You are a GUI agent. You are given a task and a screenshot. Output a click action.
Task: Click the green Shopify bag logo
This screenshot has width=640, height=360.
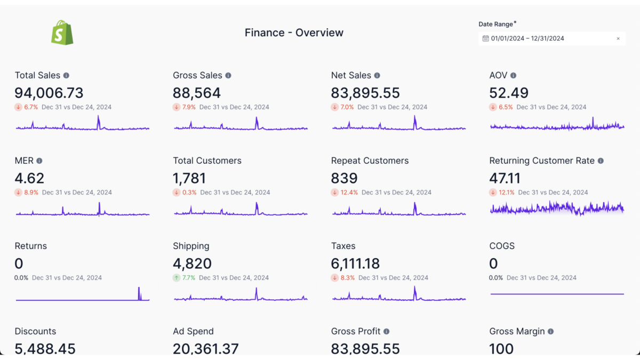[62, 33]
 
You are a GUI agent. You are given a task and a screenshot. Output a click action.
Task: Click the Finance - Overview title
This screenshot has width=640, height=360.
[294, 33]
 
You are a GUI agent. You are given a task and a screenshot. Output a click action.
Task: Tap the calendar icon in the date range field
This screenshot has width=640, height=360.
[485, 38]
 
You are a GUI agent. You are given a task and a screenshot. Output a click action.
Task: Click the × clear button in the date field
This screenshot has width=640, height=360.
[618, 38]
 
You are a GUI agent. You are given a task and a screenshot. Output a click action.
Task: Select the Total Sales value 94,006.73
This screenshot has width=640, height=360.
[49, 93]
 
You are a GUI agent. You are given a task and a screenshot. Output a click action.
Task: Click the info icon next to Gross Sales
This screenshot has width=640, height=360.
[228, 76]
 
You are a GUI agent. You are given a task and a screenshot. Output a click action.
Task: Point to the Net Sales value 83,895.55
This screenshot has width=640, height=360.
[365, 93]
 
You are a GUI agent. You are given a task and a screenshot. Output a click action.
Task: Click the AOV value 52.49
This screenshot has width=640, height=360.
[509, 93]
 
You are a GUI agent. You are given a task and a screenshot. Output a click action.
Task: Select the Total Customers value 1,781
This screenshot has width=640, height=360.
[189, 178]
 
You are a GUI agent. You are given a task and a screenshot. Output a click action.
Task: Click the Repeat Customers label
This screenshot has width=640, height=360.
[370, 161]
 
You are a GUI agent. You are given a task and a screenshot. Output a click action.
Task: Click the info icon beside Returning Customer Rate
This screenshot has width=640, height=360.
[601, 161]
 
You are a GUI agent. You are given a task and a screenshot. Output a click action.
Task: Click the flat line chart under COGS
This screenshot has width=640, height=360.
[557, 294]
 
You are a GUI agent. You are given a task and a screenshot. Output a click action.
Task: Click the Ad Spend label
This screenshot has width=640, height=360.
[193, 331]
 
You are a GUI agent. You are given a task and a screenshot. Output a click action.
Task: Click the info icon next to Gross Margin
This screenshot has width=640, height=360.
[550, 331]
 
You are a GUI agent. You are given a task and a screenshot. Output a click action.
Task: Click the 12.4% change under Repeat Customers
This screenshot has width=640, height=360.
[345, 192]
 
